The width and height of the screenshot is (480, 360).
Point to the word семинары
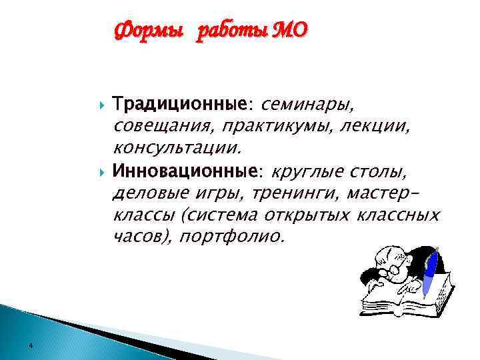coord(309,104)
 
